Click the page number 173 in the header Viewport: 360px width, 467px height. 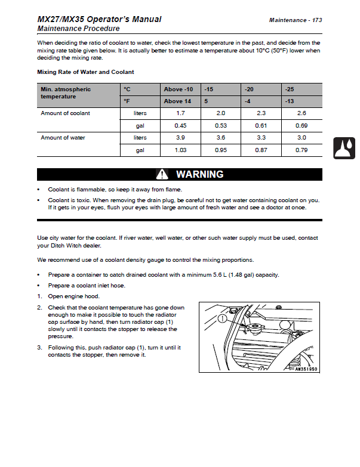[316, 20]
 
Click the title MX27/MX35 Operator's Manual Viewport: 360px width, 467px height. [99, 19]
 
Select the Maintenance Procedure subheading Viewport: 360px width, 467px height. [78, 29]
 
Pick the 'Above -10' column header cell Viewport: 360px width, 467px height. [178, 89]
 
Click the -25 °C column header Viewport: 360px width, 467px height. [290, 89]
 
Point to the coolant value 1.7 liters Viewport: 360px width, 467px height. [180, 113]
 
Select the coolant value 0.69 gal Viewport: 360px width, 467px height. [301, 126]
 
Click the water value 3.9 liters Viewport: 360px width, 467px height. [180, 138]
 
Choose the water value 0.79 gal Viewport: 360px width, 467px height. [301, 150]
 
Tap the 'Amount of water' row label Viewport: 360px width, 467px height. [63, 138]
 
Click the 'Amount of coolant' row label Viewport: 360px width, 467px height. [65, 113]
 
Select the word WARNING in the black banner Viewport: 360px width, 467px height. [199, 175]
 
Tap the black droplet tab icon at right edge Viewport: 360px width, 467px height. [344, 148]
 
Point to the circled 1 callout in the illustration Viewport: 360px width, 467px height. [222, 319]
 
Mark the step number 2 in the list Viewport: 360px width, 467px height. [39, 308]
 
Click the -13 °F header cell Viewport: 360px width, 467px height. [290, 101]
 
